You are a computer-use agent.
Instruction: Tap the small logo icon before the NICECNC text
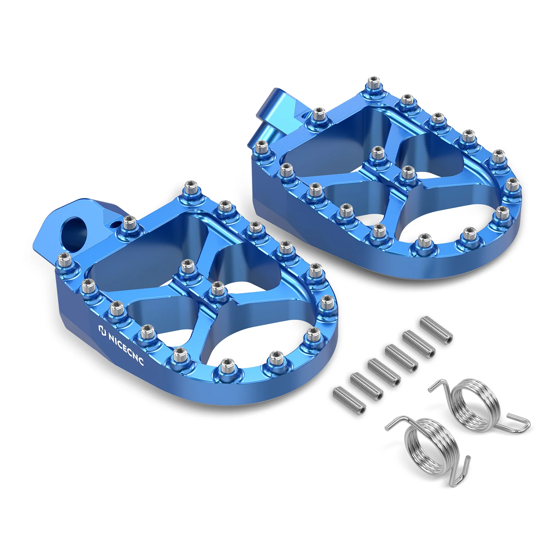coord(102,330)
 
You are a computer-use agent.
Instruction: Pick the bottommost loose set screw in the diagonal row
coord(349,399)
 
